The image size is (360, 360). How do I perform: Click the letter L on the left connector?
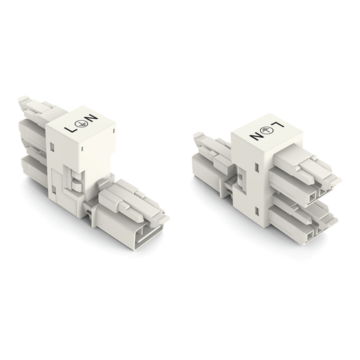[x=70, y=129]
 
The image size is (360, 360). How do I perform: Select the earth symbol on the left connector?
[x=81, y=124]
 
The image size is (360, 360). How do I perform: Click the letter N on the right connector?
[x=255, y=136]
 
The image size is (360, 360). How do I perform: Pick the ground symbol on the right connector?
[x=266, y=130]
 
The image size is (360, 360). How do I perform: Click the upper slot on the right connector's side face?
[x=257, y=167]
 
